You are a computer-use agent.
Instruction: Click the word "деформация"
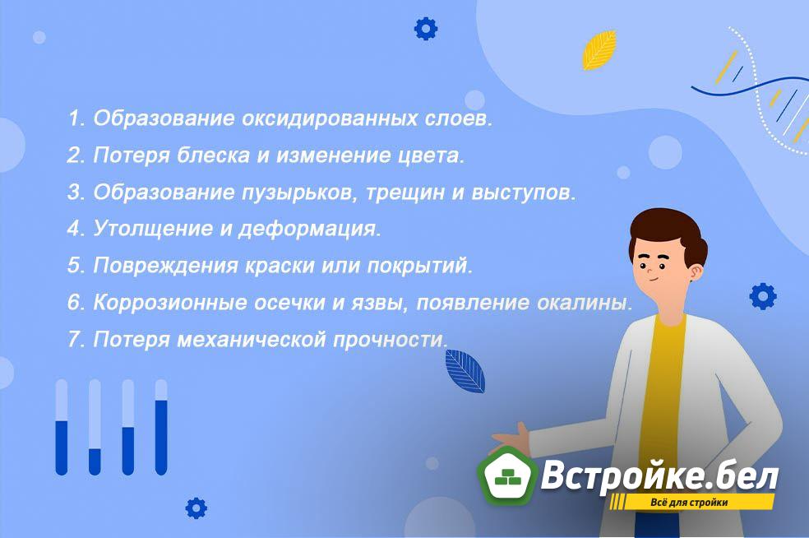[x=309, y=230]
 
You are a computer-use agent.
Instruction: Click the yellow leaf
[x=599, y=49]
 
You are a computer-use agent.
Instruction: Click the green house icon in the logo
[x=507, y=476]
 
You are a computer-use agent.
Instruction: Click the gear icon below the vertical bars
[x=196, y=508]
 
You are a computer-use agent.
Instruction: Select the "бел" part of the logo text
[x=745, y=476]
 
